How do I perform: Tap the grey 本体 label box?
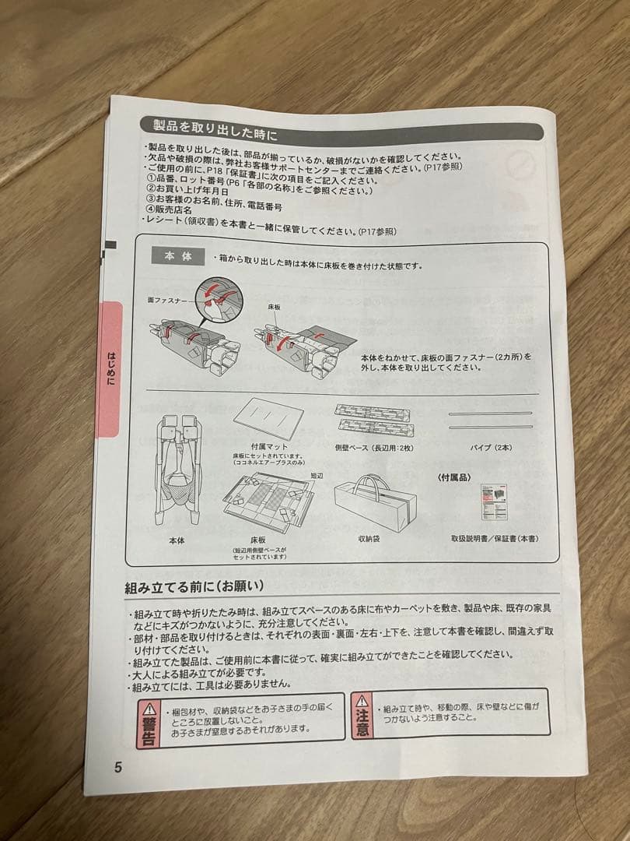tap(178, 257)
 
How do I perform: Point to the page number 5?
tap(118, 766)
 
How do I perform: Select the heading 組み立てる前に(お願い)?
tap(194, 586)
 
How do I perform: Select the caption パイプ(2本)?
tap(491, 447)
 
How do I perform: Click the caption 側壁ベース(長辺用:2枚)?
tap(373, 447)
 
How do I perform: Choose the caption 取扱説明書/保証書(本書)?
tap(494, 538)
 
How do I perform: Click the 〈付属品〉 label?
tap(453, 476)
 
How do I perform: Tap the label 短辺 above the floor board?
tap(317, 474)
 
